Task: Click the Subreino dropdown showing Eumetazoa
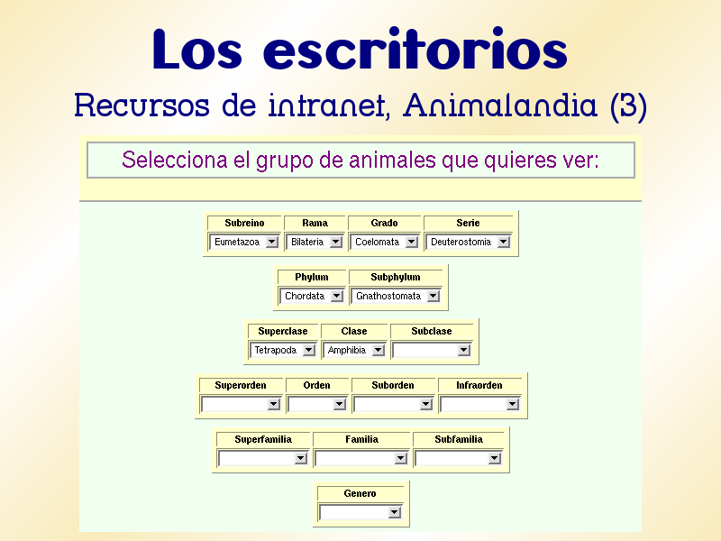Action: (x=244, y=242)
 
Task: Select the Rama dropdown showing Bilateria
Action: (x=315, y=242)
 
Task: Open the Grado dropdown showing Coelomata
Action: (x=384, y=242)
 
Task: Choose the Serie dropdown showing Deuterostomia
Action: (x=468, y=242)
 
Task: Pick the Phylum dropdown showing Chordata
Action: (x=311, y=296)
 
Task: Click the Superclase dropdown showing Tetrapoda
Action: (x=282, y=350)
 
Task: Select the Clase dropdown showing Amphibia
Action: (x=353, y=350)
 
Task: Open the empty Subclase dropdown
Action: (x=432, y=350)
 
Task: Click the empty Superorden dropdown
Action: (x=241, y=404)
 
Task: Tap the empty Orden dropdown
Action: (x=316, y=404)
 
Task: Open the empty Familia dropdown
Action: (x=361, y=458)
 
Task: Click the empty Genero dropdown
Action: (x=360, y=512)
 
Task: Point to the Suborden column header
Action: (x=393, y=385)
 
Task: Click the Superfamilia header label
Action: (x=263, y=439)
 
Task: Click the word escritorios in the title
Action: (x=415, y=50)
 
